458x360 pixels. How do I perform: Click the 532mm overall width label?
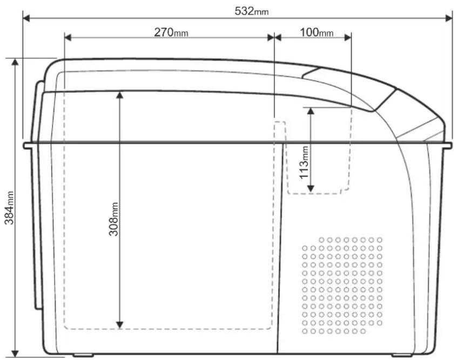click(252, 11)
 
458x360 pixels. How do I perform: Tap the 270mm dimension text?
click(171, 32)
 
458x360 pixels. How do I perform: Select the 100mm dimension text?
click(316, 32)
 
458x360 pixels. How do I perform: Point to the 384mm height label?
click(10, 208)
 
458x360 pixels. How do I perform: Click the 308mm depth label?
click(113, 219)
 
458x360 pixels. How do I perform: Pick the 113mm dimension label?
click(304, 162)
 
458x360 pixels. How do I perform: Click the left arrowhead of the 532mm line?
click(26, 18)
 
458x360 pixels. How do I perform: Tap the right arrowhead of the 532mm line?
click(449, 18)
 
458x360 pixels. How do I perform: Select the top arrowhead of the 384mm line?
click(15, 62)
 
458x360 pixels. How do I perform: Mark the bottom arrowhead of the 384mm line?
click(15, 353)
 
